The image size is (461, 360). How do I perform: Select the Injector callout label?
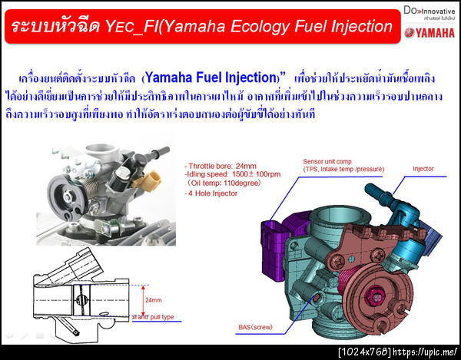[x=423, y=168]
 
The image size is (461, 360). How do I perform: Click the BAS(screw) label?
[x=256, y=328]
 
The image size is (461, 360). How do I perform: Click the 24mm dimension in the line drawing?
[x=153, y=300]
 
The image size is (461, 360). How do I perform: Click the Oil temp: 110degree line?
[x=224, y=184]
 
